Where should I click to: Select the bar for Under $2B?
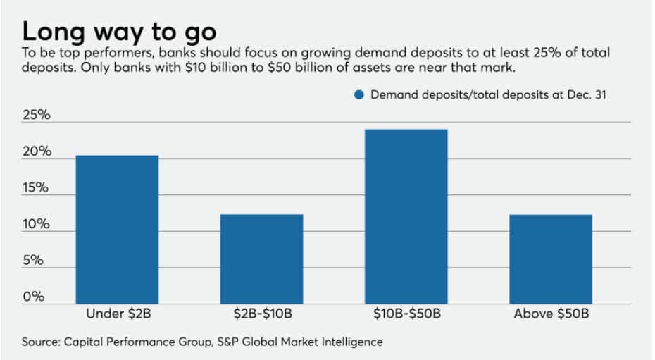[117, 230]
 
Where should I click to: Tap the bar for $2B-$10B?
[261, 259]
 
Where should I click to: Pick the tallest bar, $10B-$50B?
[406, 216]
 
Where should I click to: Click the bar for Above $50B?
[550, 259]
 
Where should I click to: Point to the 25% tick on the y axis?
[36, 116]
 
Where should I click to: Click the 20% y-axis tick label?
[36, 151]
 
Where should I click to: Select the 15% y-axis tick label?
[36, 188]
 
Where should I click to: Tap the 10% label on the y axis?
[36, 224]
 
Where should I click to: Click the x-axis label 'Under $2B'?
[117, 314]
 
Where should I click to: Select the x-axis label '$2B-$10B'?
[261, 314]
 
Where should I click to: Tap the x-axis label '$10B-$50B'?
[406, 314]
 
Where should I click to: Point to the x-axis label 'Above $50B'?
[550, 314]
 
